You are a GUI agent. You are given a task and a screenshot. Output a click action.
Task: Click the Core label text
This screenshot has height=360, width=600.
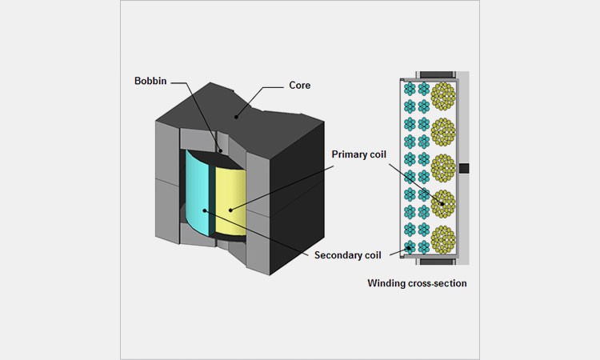[x=300, y=84]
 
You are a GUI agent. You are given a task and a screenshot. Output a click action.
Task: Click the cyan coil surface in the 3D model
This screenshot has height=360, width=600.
[x=196, y=192]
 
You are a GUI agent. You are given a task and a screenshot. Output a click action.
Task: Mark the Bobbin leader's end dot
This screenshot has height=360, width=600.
[x=221, y=151]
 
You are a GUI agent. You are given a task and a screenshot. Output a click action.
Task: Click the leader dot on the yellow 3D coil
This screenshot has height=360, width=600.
[x=230, y=210]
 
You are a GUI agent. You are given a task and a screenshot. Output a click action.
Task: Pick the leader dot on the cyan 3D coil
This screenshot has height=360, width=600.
[x=206, y=210]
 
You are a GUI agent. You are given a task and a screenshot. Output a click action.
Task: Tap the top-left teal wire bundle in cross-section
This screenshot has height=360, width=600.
[x=410, y=88]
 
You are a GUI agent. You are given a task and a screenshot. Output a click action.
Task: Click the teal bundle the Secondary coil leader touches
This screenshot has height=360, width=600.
[x=410, y=247]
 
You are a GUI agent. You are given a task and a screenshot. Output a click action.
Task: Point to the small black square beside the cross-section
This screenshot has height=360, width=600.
[x=463, y=170]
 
